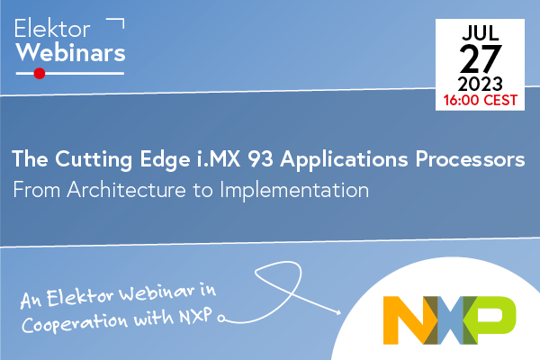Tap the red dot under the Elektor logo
pos(39,74)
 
